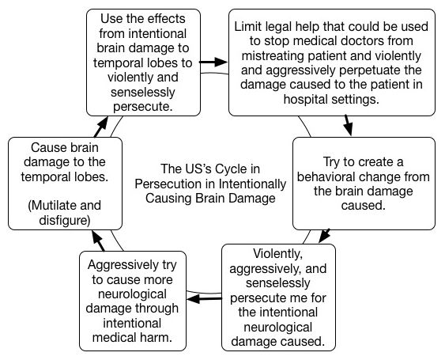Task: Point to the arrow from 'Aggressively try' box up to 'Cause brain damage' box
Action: coord(99,241)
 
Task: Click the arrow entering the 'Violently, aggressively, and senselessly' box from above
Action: coord(324,236)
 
